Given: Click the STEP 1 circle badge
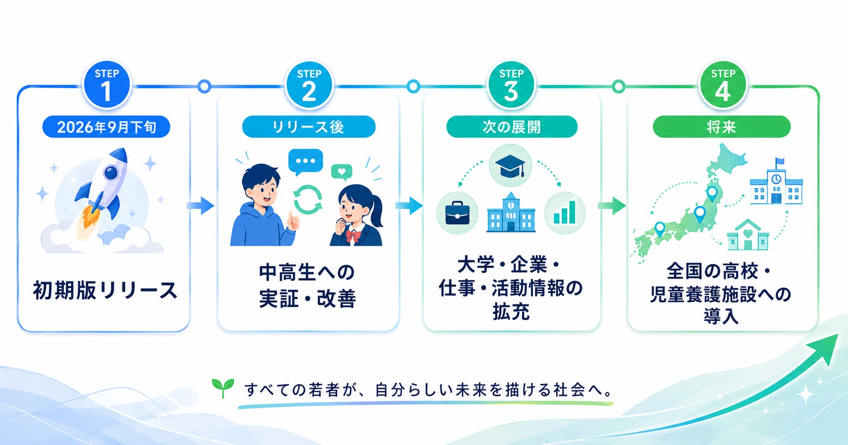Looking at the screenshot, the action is click(106, 85).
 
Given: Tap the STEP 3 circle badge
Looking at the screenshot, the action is click(511, 85).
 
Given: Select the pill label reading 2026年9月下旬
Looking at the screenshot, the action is click(106, 127).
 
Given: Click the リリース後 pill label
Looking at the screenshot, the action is click(309, 127).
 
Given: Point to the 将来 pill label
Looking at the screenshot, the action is click(722, 127).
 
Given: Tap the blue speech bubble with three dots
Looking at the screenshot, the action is click(306, 162).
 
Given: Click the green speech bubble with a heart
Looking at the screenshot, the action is click(341, 172).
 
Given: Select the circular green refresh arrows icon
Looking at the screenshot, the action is click(308, 199).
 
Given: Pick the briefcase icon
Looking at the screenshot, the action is click(457, 213).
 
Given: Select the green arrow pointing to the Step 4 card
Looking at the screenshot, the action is click(612, 206).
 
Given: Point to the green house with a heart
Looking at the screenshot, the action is click(748, 234).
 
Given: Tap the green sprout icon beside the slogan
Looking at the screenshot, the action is click(223, 388).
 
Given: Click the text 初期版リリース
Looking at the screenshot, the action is click(105, 290).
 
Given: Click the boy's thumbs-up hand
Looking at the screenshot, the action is click(293, 221).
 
